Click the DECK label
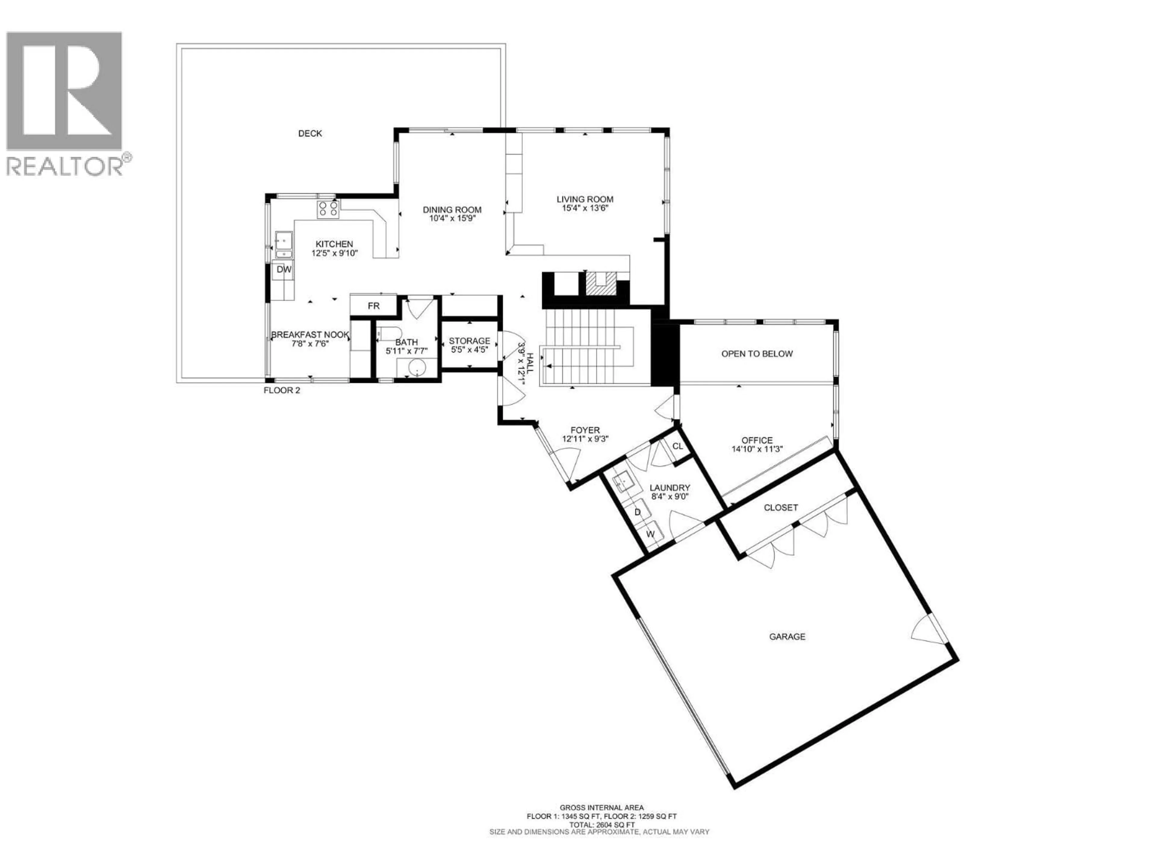[310, 134]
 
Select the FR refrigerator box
[373, 306]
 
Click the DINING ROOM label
[452, 210]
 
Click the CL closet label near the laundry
[677, 446]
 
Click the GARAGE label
[787, 636]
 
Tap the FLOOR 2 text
[282, 390]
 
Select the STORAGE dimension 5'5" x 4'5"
[469, 350]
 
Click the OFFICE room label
[757, 440]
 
